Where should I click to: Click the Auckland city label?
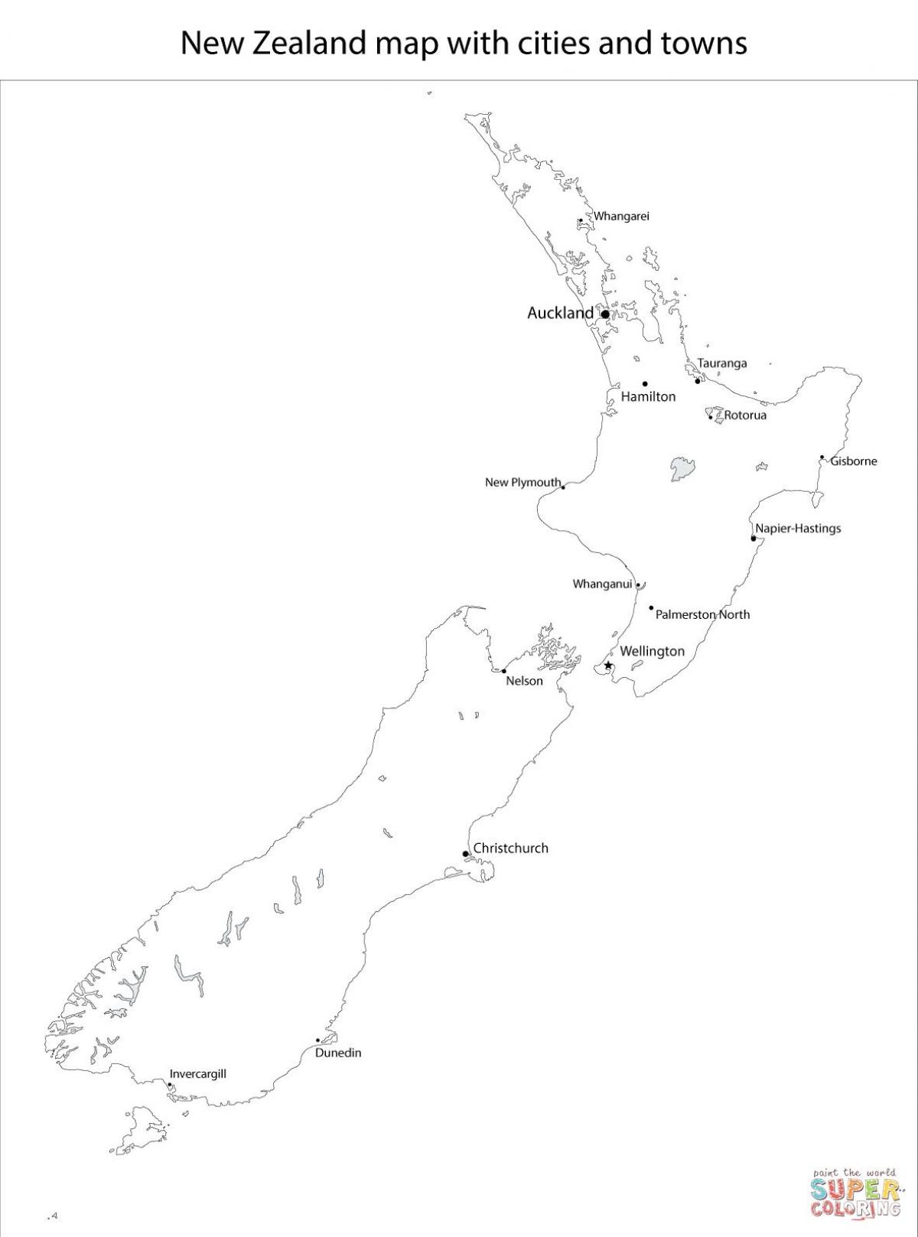tap(560, 313)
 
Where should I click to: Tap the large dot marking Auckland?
tap(605, 314)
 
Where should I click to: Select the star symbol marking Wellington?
tap(608, 666)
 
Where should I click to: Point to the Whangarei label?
tap(622, 216)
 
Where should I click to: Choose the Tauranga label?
tap(722, 363)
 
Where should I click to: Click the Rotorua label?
tap(745, 415)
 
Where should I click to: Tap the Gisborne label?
tap(854, 461)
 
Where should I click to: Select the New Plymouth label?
tap(523, 483)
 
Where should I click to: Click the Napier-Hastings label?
tap(798, 529)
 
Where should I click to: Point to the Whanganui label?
tap(603, 584)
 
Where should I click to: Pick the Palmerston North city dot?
tap(652, 608)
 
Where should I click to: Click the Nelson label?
tap(525, 681)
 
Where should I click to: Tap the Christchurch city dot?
tap(466, 854)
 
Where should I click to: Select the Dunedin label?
tap(338, 1053)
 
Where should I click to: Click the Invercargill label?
tap(198, 1074)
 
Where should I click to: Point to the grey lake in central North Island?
tap(682, 468)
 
